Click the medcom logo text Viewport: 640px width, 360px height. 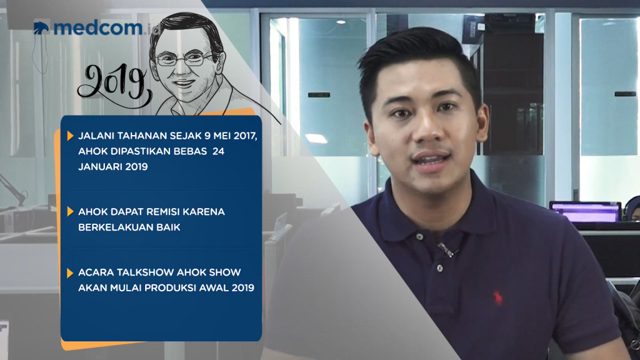click(x=98, y=27)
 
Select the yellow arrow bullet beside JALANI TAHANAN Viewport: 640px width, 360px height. click(x=70, y=136)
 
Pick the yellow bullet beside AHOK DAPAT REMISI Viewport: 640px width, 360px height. click(x=70, y=211)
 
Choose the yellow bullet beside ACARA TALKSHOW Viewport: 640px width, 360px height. click(x=70, y=272)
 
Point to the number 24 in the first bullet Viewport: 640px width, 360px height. click(x=218, y=151)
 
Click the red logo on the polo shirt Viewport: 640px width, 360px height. click(x=497, y=298)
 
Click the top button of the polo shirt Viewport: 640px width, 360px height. click(x=419, y=237)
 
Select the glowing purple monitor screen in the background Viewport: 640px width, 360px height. click(x=586, y=212)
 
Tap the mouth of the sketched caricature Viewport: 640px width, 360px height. click(x=184, y=83)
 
